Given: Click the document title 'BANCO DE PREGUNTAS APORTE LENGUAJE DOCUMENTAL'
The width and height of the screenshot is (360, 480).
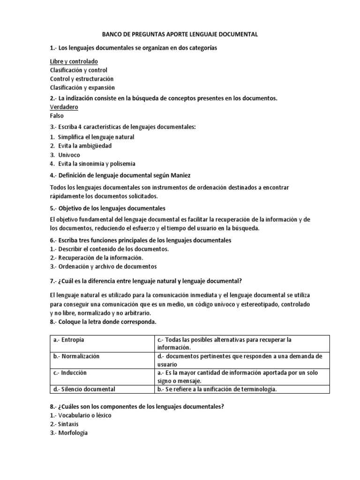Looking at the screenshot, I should pos(180,34).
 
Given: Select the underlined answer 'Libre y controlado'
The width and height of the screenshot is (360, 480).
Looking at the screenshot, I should pos(74,61).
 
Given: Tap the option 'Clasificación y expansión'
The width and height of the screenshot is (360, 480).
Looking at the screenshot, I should pos(82,87).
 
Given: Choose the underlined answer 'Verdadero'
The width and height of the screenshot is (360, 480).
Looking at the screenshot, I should pos(64,107).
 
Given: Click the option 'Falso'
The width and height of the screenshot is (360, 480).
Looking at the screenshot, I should pos(56,115).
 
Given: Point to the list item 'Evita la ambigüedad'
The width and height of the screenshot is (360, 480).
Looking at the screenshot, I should pos(85,146).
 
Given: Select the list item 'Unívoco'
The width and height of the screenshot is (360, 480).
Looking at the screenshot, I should pos(69,155).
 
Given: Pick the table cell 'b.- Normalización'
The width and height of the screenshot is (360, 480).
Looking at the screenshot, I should pos(76,356).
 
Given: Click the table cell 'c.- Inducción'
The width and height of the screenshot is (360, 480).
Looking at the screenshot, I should pos(70,372).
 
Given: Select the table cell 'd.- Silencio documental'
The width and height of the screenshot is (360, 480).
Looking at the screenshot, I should pos(84,389).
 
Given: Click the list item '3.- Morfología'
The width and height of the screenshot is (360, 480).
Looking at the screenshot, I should pos(68,433).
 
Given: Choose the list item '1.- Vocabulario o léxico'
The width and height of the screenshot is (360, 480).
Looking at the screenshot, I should pos(81,415).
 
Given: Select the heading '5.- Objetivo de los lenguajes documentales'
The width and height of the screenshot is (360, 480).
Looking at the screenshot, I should pos(107,208).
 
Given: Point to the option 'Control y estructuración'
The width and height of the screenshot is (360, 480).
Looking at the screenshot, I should pos(82,79).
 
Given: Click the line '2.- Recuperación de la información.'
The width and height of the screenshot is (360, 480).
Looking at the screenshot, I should pos(96,258).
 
